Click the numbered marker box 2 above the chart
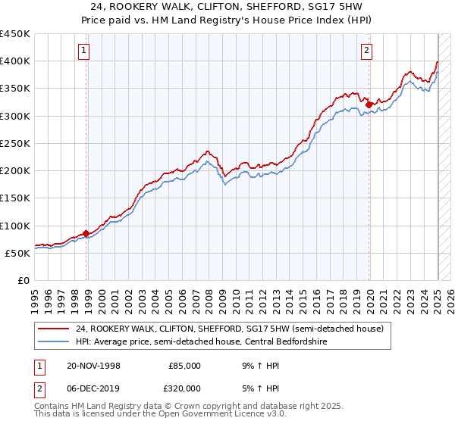[366, 51]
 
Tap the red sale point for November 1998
[86, 233]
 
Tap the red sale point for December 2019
[369, 104]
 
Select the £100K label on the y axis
[16, 226]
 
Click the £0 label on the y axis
[23, 280]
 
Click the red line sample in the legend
[54, 329]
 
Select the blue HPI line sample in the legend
[54, 341]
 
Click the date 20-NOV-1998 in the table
[94, 366]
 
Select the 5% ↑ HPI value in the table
[258, 388]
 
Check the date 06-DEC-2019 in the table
[94, 388]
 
